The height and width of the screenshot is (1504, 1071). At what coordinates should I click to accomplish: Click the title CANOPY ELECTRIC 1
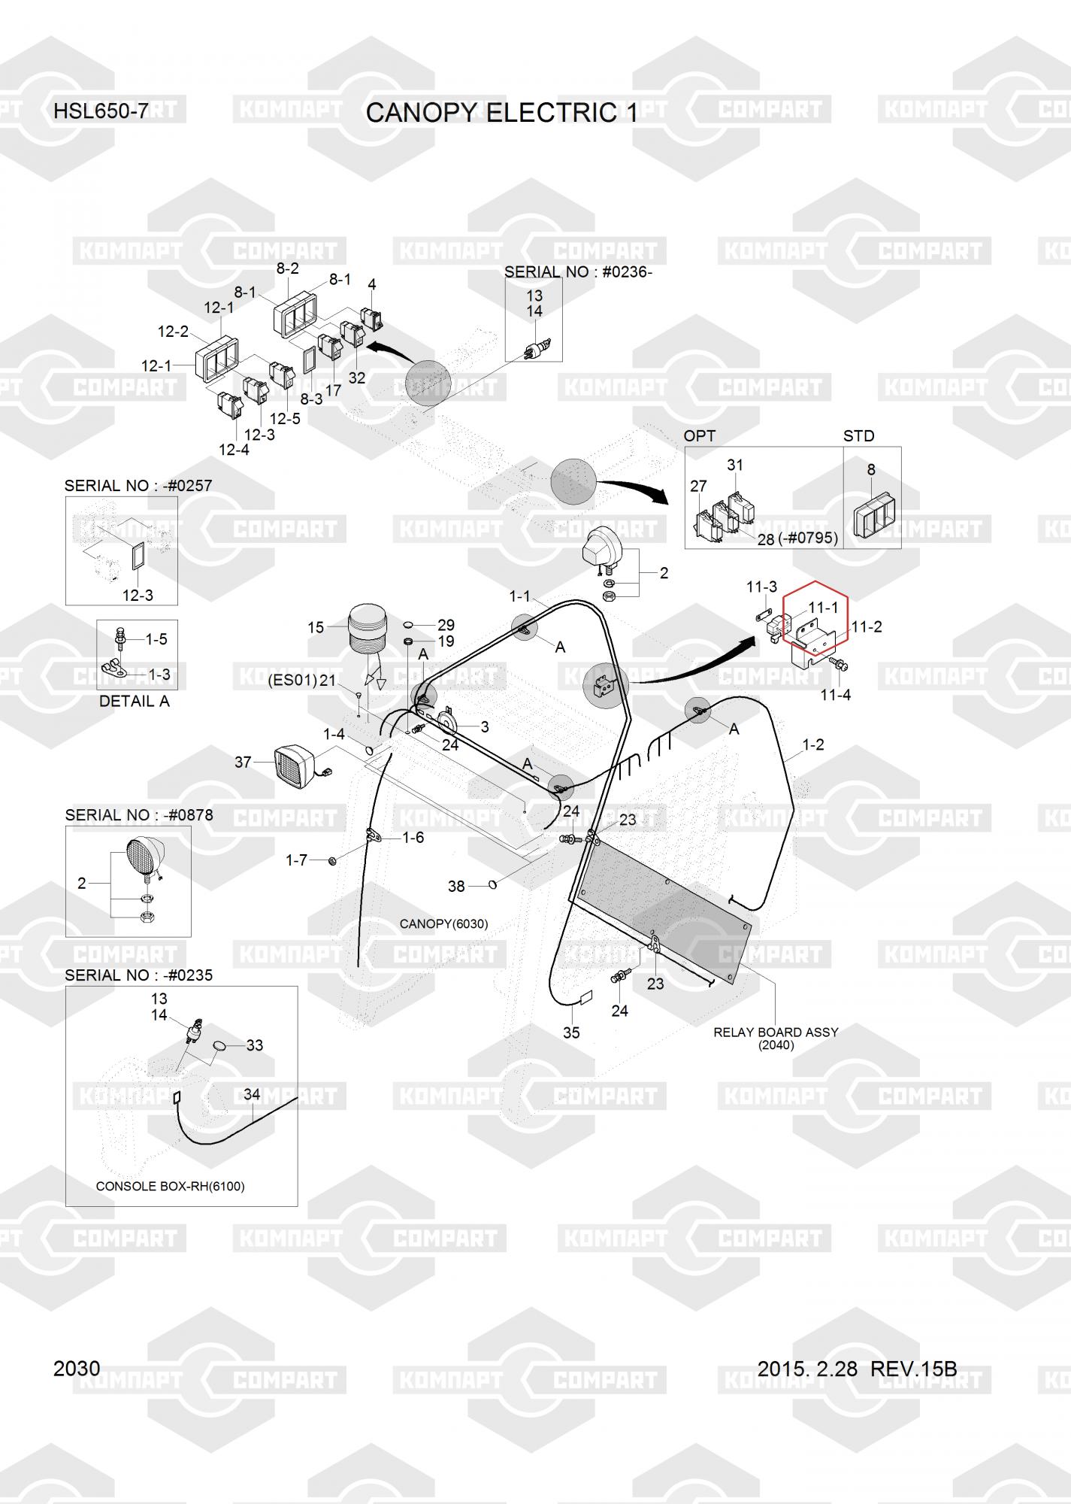point(501,113)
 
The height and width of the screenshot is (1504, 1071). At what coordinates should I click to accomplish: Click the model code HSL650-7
point(101,112)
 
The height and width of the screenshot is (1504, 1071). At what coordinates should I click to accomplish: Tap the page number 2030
point(77,1368)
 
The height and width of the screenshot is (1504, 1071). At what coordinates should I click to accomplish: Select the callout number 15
point(316,627)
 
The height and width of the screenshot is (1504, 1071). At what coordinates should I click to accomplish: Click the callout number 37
point(243,763)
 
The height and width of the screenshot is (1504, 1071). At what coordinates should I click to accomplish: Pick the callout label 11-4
point(835,695)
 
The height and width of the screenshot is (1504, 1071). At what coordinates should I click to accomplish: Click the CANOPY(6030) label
point(443,923)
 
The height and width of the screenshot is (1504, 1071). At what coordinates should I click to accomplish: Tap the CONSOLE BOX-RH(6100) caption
point(170,1186)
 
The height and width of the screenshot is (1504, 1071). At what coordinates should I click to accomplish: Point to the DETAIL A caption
point(135,701)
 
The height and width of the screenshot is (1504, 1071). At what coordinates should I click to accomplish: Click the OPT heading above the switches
point(699,436)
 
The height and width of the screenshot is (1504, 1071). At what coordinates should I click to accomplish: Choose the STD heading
point(858,436)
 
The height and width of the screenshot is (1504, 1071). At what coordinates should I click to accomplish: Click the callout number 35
point(571,1032)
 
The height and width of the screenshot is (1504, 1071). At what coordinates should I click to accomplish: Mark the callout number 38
point(456,887)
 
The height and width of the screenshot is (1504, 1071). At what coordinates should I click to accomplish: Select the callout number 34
point(252,1094)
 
